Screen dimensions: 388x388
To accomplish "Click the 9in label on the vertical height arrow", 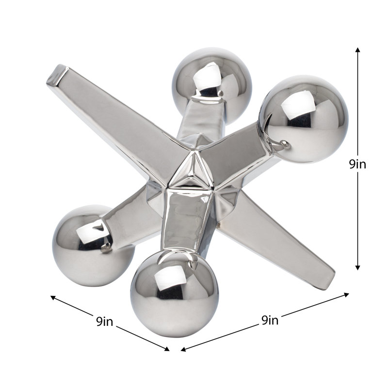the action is coord(357,164).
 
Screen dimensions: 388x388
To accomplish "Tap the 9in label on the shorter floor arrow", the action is coord(105,322).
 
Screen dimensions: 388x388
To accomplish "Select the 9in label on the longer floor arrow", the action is coord(270,320).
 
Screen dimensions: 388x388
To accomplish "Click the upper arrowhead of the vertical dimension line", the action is coord(357,50).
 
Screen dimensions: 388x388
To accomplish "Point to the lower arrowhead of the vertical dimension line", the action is coord(357,268).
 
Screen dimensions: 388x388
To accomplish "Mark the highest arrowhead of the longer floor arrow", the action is coord(346,294).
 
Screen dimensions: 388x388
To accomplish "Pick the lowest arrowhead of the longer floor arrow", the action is coord(183,349).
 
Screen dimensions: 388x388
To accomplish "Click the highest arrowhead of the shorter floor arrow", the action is coord(53,297).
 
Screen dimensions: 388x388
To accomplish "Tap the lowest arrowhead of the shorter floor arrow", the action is coord(167,349).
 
